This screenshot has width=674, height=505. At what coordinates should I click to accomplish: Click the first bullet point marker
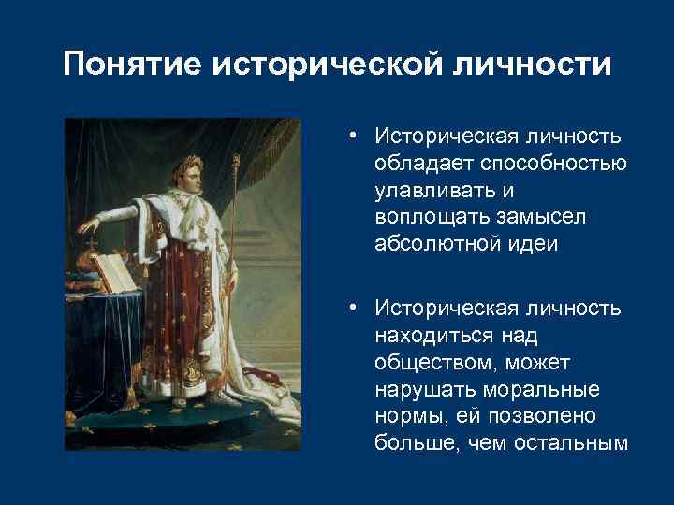(x=350, y=137)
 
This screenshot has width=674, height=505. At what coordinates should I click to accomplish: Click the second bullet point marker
(x=350, y=308)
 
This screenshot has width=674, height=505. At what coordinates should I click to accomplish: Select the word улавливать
(x=431, y=190)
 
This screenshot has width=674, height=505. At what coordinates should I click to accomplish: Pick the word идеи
(x=532, y=243)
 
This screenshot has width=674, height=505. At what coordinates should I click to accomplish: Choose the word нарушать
(x=418, y=387)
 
